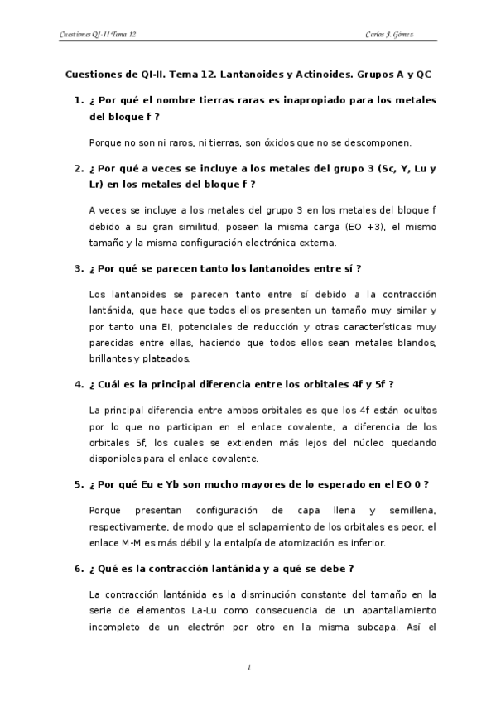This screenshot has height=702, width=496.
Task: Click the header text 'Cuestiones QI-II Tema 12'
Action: click(x=99, y=36)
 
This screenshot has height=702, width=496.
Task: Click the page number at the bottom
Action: click(x=248, y=666)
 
